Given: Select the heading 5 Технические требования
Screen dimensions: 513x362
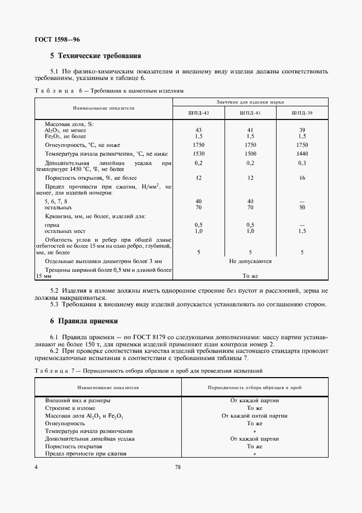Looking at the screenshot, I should pyautogui.click(x=96, y=56).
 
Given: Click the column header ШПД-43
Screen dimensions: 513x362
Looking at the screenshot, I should pyautogui.click(x=198, y=113).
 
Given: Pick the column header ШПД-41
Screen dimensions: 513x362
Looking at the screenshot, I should pyautogui.click(x=250, y=113).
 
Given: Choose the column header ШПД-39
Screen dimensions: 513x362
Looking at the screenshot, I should pyautogui.click(x=302, y=113).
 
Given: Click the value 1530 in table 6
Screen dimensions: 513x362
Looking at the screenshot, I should pyautogui.click(x=198, y=154).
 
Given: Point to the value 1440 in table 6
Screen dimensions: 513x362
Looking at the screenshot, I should pyautogui.click(x=302, y=154).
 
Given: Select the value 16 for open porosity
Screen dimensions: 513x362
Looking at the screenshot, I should pyautogui.click(x=302, y=178).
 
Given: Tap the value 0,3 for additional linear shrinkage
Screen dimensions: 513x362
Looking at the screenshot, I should pyautogui.click(x=302, y=163).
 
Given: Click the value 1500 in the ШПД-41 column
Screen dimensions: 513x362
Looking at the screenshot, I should pyautogui.click(x=250, y=154).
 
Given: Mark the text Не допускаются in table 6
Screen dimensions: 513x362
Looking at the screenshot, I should pyautogui.click(x=250, y=261).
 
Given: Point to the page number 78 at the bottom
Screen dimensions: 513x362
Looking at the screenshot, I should pyautogui.click(x=178, y=468).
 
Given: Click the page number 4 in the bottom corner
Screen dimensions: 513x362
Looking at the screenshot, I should pyautogui.click(x=36, y=468).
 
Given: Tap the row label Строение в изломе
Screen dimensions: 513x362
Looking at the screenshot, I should pyautogui.click(x=70, y=408).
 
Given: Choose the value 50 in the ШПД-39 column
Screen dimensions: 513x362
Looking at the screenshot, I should pyautogui.click(x=302, y=208).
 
